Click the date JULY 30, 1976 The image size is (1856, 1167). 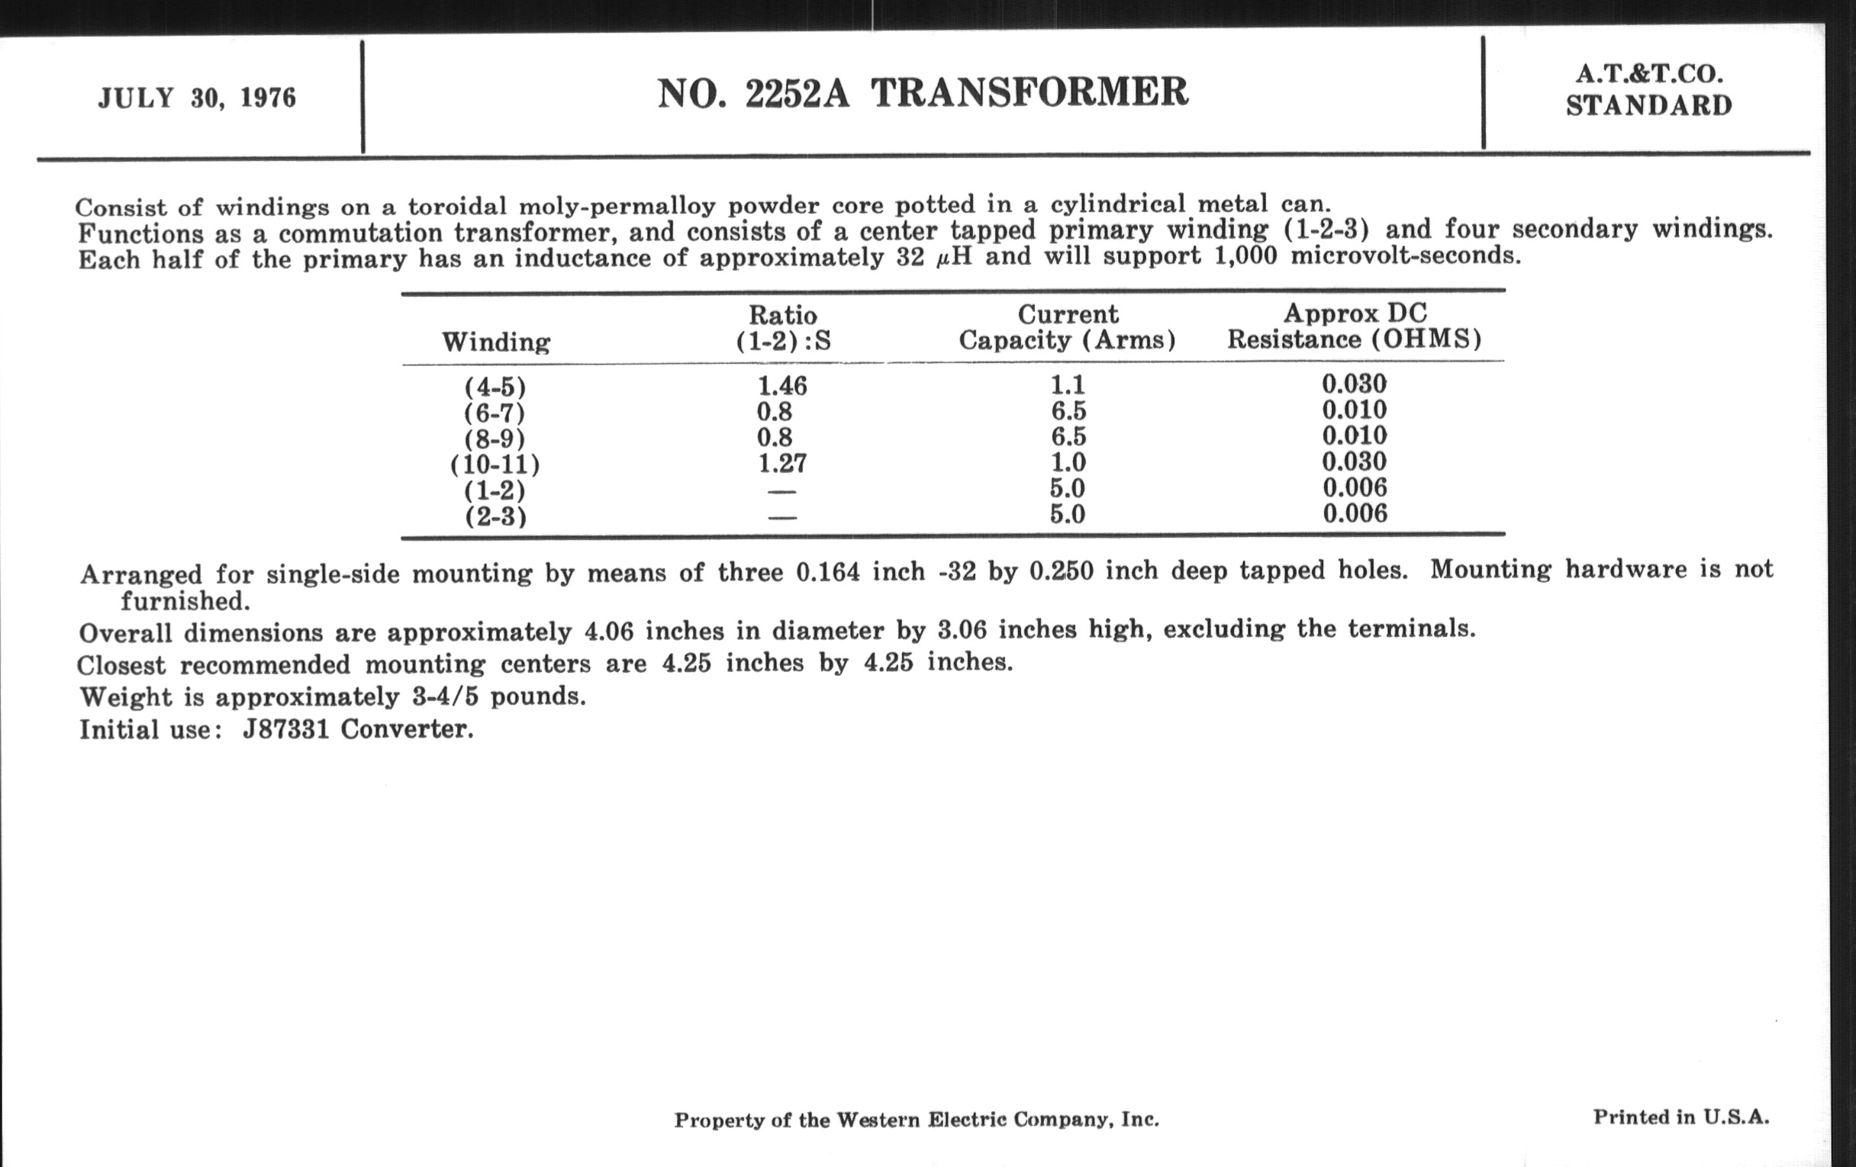197,98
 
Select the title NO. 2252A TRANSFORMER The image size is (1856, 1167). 923,93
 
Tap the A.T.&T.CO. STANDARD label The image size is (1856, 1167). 1648,90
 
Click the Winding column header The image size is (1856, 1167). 495,341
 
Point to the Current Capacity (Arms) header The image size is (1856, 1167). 1068,326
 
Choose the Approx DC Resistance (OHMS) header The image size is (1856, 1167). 1355,326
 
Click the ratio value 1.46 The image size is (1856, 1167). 782,385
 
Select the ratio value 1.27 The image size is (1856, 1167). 782,463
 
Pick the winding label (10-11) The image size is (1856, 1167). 495,465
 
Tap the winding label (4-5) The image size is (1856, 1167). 495,386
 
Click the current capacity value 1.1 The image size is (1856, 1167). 1068,384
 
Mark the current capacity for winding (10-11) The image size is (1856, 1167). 1068,462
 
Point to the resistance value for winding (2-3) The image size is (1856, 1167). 1355,513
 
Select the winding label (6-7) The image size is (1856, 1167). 495,413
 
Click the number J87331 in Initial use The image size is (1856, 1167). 286,729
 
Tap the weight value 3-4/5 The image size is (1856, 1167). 445,696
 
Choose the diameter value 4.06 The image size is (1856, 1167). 609,632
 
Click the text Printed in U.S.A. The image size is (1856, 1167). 1681,1117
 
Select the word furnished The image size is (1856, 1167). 185,601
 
